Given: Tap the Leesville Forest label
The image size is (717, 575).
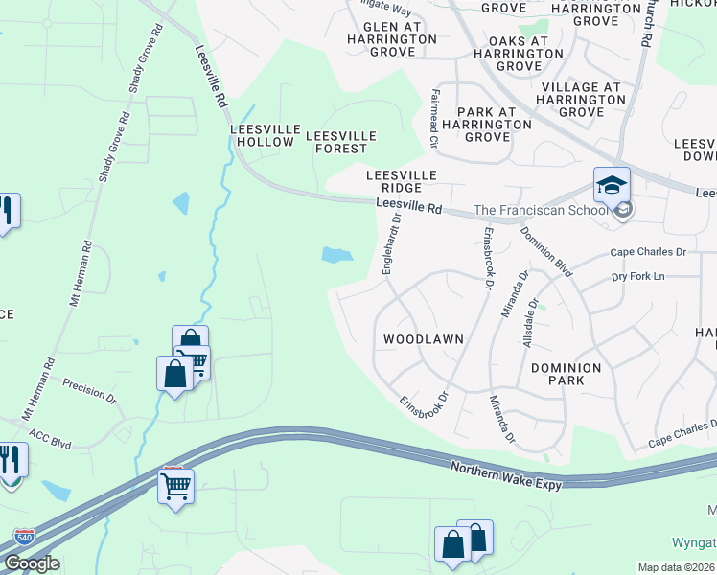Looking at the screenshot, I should pyautogui.click(x=340, y=142).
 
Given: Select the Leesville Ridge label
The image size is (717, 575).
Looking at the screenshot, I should pyautogui.click(x=402, y=181).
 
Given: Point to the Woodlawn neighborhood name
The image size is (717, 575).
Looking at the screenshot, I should pyautogui.click(x=424, y=339).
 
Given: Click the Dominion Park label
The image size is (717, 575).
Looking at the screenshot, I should pyautogui.click(x=566, y=374).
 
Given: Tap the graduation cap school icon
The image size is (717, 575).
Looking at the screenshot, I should pyautogui.click(x=612, y=184).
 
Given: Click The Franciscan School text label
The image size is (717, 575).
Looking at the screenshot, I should pyautogui.click(x=541, y=211).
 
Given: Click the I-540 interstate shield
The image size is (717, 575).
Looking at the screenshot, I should pyautogui.click(x=25, y=537).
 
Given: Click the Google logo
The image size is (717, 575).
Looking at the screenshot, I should pyautogui.click(x=32, y=563).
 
